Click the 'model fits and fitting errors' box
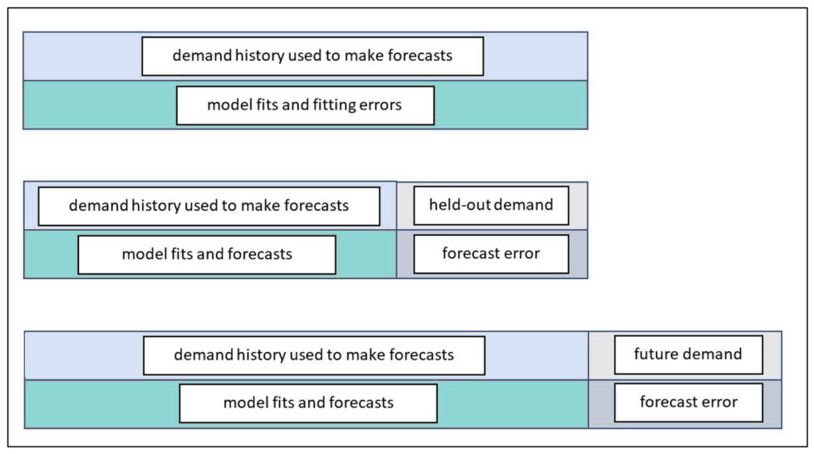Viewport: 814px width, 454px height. point(305,105)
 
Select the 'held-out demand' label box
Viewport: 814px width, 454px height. point(491,205)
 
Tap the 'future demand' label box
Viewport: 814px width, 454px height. point(688,354)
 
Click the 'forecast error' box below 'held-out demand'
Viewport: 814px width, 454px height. point(491,254)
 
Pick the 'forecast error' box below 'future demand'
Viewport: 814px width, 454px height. point(688,403)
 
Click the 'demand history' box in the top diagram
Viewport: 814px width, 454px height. point(312,56)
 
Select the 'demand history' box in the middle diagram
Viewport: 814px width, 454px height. point(208,206)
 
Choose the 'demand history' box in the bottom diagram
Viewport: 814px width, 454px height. point(313,355)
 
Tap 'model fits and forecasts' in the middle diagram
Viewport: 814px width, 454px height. point(207,254)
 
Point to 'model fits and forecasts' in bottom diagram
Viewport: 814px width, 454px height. point(308,403)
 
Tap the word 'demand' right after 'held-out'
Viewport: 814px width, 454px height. point(523,205)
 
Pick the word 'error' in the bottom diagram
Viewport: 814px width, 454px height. point(718,403)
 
